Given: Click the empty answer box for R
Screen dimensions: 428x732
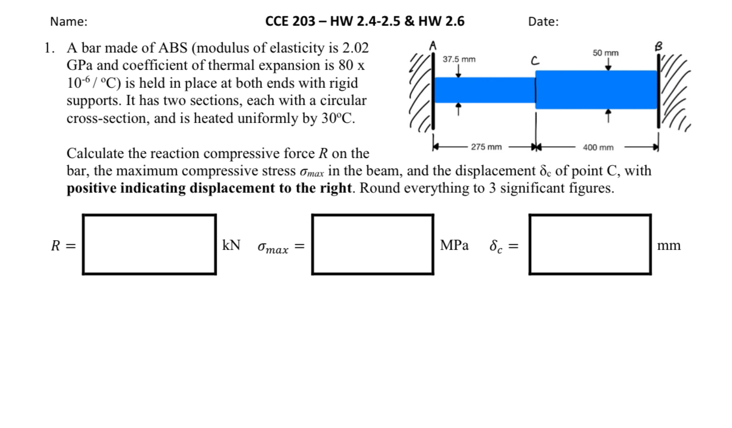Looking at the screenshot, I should pos(149,244).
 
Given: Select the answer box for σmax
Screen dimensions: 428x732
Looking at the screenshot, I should pos(372,244).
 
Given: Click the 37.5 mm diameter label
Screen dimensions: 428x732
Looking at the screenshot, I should pos(459,60).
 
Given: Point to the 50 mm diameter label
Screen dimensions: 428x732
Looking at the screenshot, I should pos(606,53).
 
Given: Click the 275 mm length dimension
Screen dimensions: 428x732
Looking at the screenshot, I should pos(486,147).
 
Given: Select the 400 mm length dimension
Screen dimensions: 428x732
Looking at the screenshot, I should pos(598,147).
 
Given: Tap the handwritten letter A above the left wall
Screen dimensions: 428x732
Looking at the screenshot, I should pos(434,45).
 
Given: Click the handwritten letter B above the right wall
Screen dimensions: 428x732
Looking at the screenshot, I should pos(659,46).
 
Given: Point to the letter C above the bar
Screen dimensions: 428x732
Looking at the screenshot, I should pos(535,60).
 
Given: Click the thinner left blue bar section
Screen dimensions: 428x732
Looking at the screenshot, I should pos(484,90).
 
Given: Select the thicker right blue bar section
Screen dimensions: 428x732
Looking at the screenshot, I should pos(597,89).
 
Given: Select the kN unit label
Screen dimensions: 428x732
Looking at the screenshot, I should pos(231,245).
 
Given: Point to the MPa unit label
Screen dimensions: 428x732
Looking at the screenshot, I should pos(454,245).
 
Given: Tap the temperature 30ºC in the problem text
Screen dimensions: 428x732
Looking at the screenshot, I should pos(337,118).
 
